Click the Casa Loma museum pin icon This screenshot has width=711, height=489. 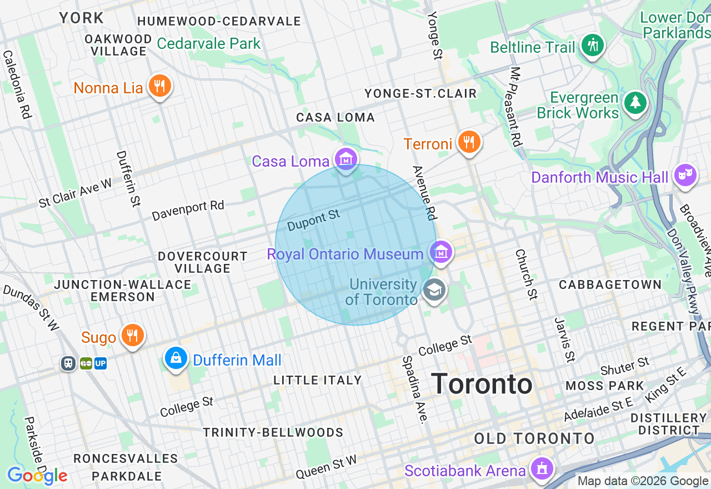pyautogui.click(x=346, y=160)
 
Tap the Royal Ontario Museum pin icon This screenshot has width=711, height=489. pyautogui.click(x=441, y=253)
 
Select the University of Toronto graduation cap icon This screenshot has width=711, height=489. pyautogui.click(x=434, y=290)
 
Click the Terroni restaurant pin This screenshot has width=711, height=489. pyautogui.click(x=469, y=143)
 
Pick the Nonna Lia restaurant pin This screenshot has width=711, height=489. pyautogui.click(x=160, y=86)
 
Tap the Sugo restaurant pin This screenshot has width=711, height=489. pyautogui.click(x=132, y=336)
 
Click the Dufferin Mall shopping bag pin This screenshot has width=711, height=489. pyautogui.click(x=176, y=358)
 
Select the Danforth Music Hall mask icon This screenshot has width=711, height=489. pyautogui.click(x=685, y=176)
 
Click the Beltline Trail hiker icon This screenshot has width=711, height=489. pyautogui.click(x=593, y=46)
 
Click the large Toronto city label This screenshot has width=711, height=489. pyautogui.click(x=482, y=384)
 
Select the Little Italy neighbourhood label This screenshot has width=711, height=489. pyautogui.click(x=318, y=380)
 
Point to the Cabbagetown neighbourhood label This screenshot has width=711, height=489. pyautogui.click(x=610, y=285)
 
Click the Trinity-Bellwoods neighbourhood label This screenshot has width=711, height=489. pyautogui.click(x=273, y=432)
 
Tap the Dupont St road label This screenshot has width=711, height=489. pyautogui.click(x=313, y=221)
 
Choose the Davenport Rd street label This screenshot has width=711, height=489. pyautogui.click(x=188, y=210)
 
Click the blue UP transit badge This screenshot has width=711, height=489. pyautogui.click(x=101, y=363)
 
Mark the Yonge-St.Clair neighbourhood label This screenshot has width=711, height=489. pyautogui.click(x=420, y=93)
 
